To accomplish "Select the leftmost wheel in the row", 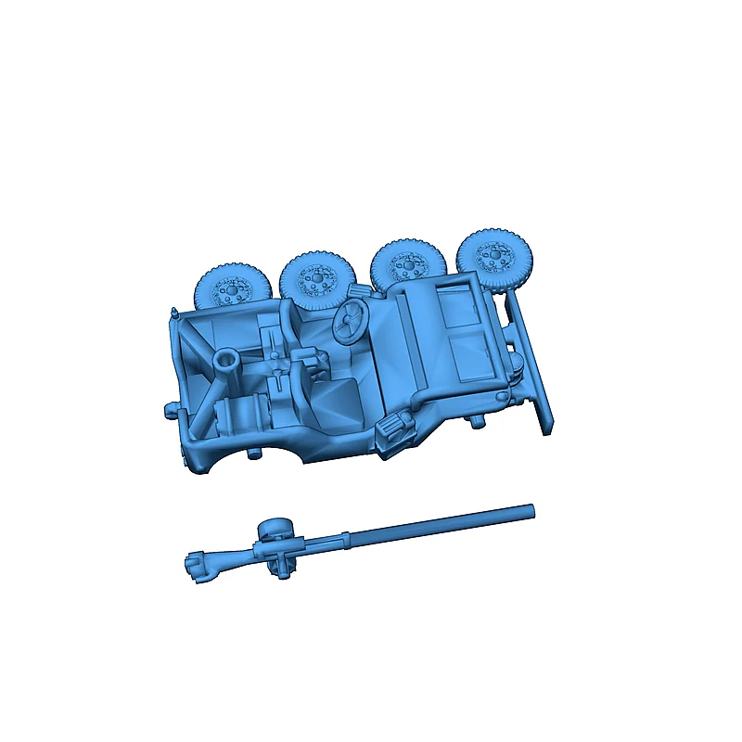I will coord(231,288).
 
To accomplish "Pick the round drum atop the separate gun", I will coord(272,531).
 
